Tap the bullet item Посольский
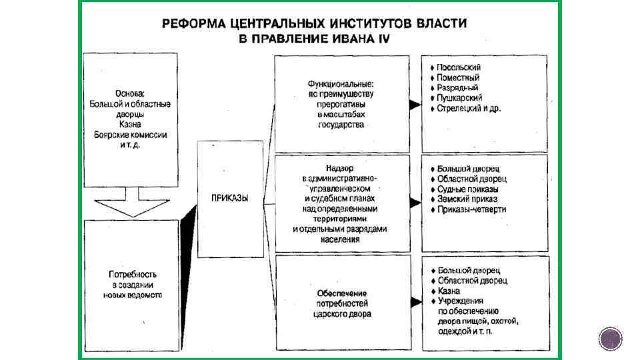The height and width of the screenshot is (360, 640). pyautogui.click(x=459, y=67)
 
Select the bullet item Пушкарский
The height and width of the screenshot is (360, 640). pyautogui.click(x=460, y=97)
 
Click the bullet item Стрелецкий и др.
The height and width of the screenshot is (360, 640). pyautogui.click(x=469, y=107)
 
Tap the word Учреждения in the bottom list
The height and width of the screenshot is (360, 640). pyautogui.click(x=461, y=301)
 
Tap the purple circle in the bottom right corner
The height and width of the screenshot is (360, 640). pyautogui.click(x=610, y=339)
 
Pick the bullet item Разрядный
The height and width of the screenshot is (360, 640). pyautogui.click(x=458, y=87)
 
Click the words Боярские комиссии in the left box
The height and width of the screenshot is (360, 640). pyautogui.click(x=131, y=134)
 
